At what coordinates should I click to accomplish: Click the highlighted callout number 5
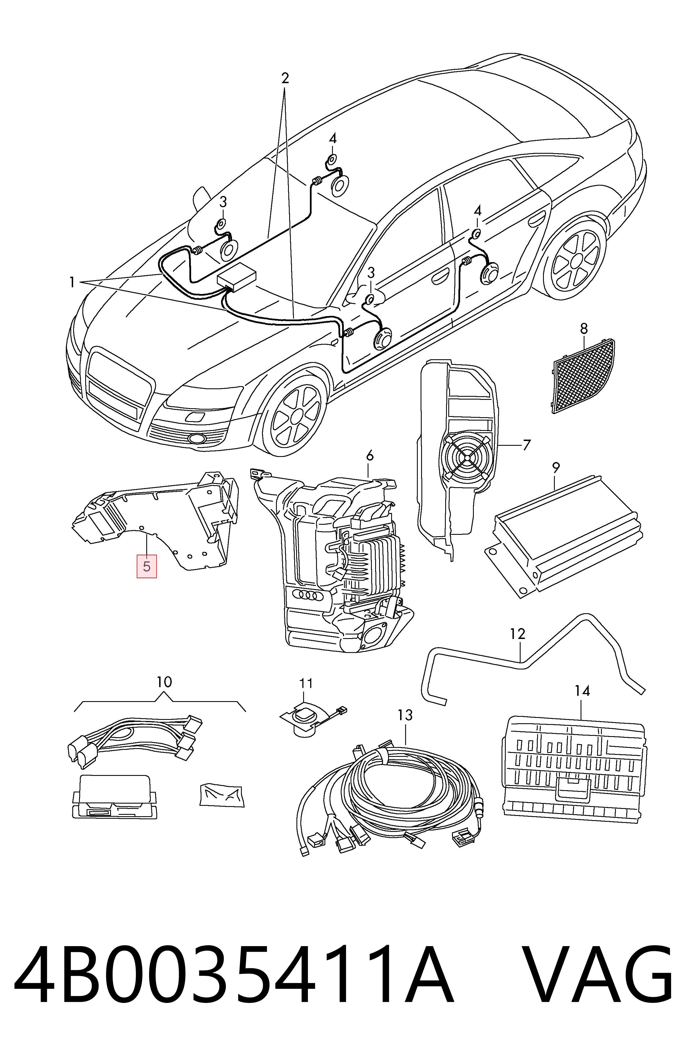[147, 566]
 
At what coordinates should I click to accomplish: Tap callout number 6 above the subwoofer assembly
[370, 456]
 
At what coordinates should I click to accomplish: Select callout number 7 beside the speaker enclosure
[526, 445]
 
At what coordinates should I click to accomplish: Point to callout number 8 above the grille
[584, 329]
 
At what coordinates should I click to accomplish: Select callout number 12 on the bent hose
[518, 634]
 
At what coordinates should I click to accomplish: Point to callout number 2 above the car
[285, 79]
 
